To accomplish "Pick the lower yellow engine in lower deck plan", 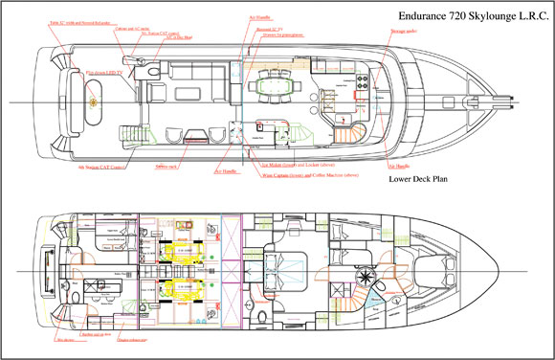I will [x=182, y=286].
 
